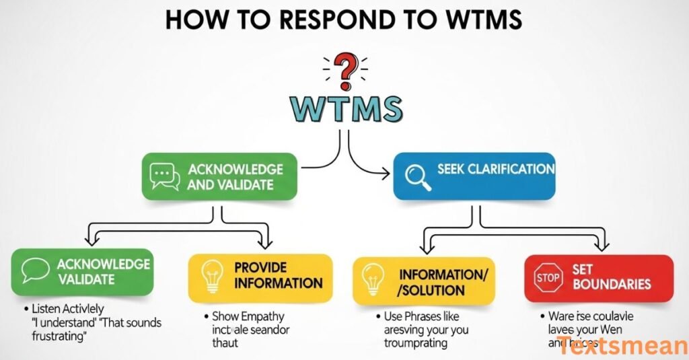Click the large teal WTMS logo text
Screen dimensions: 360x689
pyautogui.click(x=345, y=109)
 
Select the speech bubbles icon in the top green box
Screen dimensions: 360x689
pyautogui.click(x=164, y=176)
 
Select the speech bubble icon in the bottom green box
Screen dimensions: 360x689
pyautogui.click(x=35, y=271)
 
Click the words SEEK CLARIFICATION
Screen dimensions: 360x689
pyautogui.click(x=496, y=169)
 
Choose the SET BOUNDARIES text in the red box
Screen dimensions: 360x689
pyautogui.click(x=611, y=276)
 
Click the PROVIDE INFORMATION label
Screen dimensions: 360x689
pyautogui.click(x=278, y=275)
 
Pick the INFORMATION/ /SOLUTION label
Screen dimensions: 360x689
pyautogui.click(x=433, y=282)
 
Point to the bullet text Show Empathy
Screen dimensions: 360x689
pyautogui.click(x=248, y=316)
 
